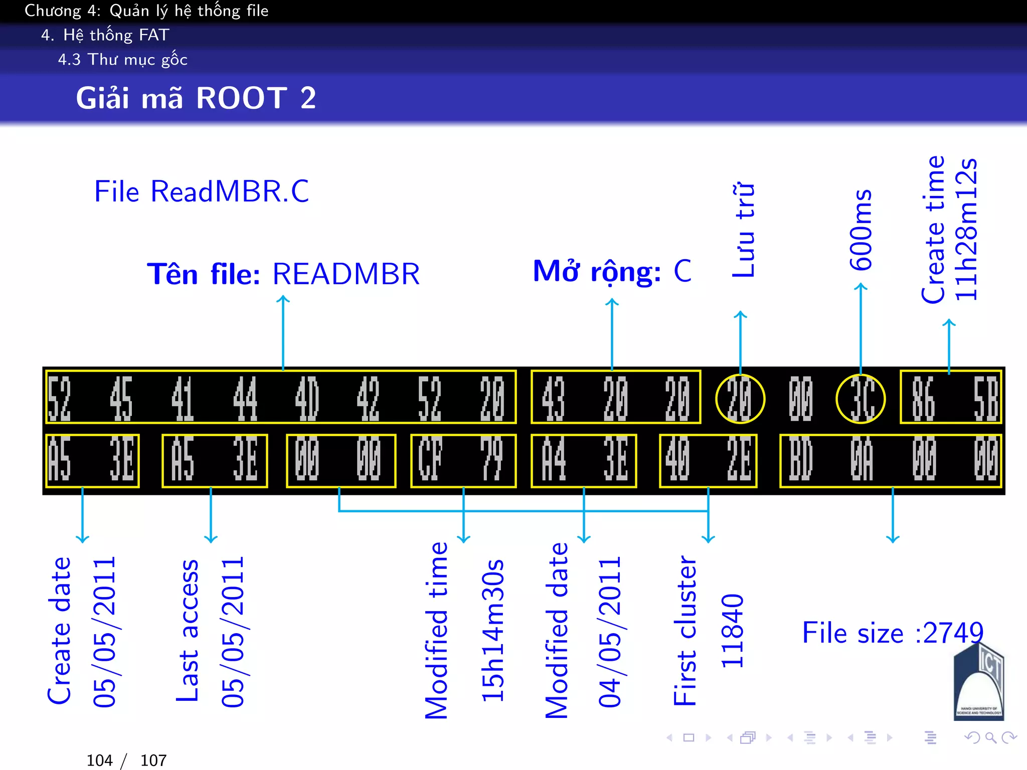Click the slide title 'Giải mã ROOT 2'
pyautogui.click(x=196, y=98)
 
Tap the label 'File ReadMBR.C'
pyautogui.click(x=202, y=191)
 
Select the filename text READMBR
pyautogui.click(x=346, y=274)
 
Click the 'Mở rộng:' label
pyautogui.click(x=597, y=272)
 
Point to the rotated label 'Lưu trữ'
pyautogui.click(x=743, y=231)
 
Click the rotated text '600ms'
pyautogui.click(x=861, y=230)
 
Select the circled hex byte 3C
pyautogui.click(x=861, y=399)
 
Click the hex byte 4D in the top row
pyautogui.click(x=306, y=399)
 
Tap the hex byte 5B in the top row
pyautogui.click(x=985, y=399)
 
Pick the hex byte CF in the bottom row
pyautogui.click(x=430, y=460)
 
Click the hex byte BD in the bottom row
pyautogui.click(x=800, y=460)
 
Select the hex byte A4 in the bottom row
pyautogui.click(x=554, y=460)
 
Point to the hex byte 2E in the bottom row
pyautogui.click(x=739, y=460)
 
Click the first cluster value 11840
pyautogui.click(x=732, y=631)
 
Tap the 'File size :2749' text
pyautogui.click(x=893, y=633)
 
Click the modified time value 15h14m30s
pyautogui.click(x=492, y=631)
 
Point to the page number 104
pyautogui.click(x=99, y=760)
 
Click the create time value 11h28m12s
pyautogui.click(x=966, y=230)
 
